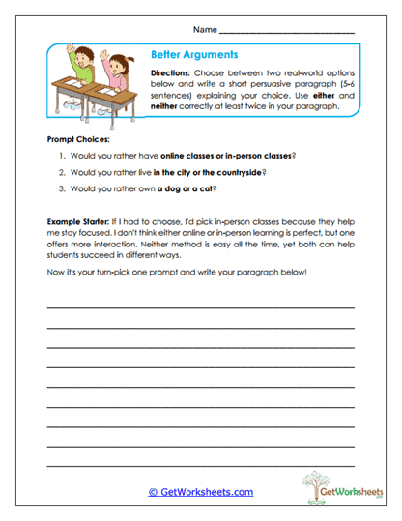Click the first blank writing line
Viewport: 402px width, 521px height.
pos(201,307)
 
